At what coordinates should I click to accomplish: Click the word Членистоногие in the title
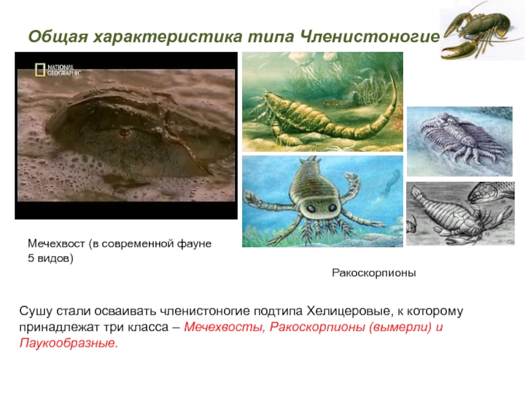(369, 36)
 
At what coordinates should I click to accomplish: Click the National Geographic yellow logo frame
(40, 70)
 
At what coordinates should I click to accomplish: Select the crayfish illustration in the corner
(481, 32)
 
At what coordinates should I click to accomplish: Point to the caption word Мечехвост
(56, 244)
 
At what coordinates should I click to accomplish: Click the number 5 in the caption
(31, 258)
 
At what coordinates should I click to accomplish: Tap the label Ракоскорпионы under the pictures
(373, 273)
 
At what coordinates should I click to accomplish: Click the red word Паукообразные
(69, 343)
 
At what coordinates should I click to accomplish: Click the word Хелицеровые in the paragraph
(350, 311)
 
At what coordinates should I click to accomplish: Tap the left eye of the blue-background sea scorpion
(311, 209)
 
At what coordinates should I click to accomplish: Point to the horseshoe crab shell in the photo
(134, 131)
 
